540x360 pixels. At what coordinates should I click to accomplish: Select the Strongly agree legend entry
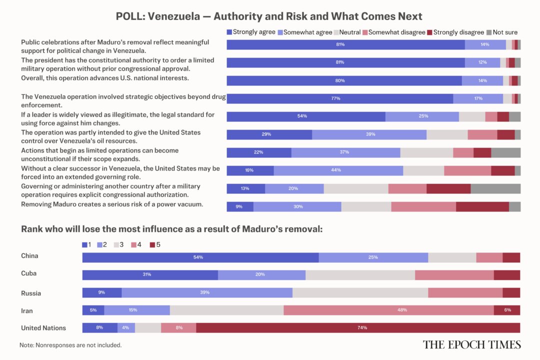click(251, 32)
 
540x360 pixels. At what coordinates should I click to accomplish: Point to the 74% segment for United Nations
click(358, 328)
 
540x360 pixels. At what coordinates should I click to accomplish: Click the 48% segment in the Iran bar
click(388, 310)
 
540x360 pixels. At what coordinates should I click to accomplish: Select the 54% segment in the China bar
click(200, 257)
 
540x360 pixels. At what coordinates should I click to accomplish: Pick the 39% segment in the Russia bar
click(207, 293)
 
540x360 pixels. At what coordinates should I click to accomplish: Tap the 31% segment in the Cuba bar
click(150, 275)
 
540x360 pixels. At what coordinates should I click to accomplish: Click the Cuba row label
click(29, 273)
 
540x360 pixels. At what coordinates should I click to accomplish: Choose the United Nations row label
click(43, 328)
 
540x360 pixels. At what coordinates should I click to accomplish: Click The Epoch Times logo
click(471, 344)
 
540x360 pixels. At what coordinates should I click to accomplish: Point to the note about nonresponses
click(70, 345)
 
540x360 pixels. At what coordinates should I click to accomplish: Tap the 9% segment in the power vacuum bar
click(240, 207)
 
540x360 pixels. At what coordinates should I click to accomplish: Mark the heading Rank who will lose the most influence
click(171, 229)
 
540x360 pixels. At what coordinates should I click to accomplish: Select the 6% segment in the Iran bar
click(507, 310)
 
